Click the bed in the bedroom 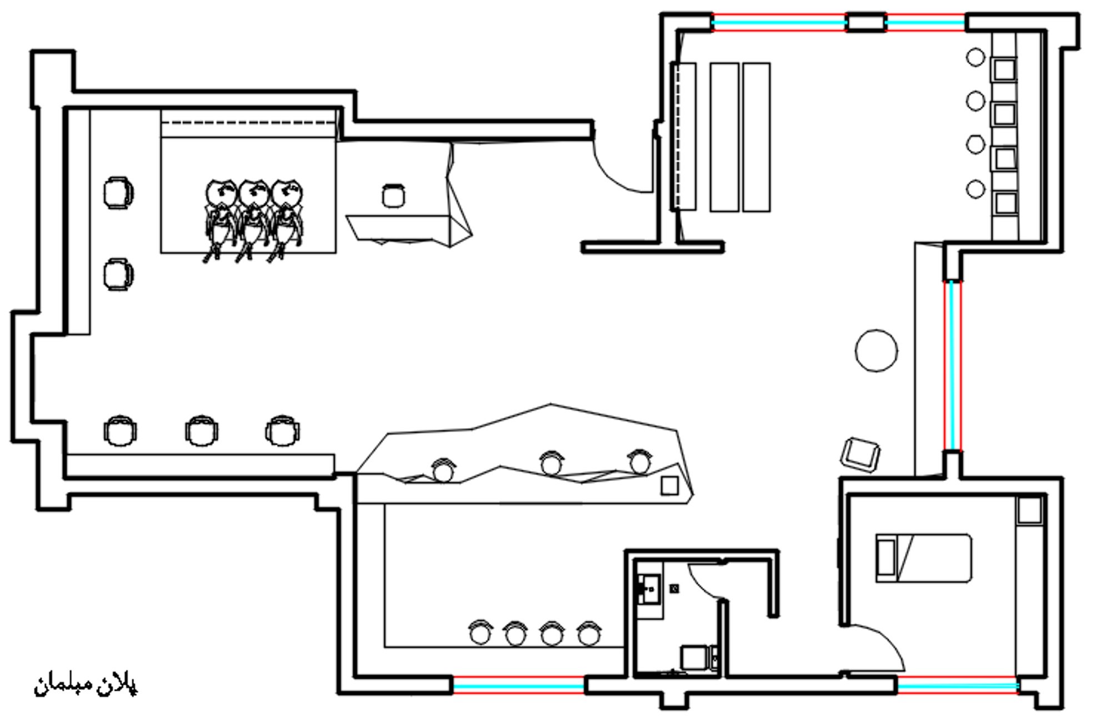[x=923, y=558]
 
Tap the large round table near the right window [x=876, y=350]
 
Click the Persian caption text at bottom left [x=86, y=686]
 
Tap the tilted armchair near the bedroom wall [x=860, y=455]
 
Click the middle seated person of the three [x=253, y=220]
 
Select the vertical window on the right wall [x=952, y=365]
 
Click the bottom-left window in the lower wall [x=518, y=686]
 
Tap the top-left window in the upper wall [x=779, y=22]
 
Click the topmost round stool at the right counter [x=975, y=57]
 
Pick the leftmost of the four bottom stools [x=481, y=632]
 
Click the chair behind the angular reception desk [x=393, y=196]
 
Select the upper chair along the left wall [x=118, y=192]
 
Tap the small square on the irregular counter [x=669, y=486]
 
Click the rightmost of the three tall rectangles [x=757, y=137]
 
